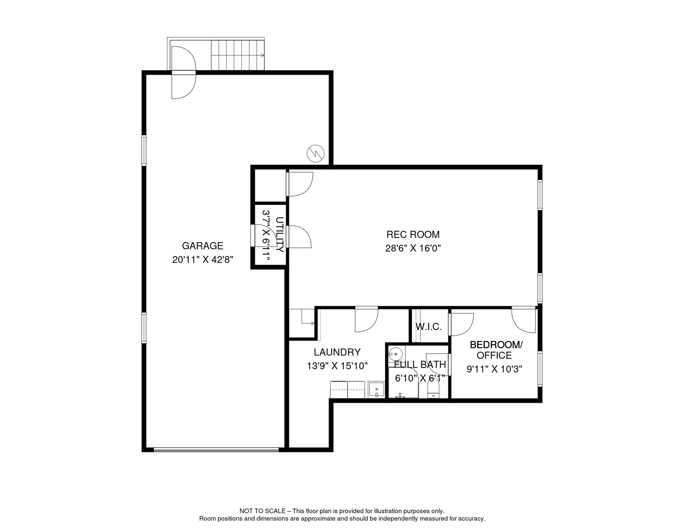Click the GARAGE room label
(x=202, y=246)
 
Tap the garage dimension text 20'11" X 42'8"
(x=203, y=259)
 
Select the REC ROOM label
(x=413, y=235)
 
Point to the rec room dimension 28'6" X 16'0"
(x=413, y=248)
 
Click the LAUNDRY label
(x=337, y=352)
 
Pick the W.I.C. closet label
(x=428, y=326)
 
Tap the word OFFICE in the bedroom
(x=494, y=355)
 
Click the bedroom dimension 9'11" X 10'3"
(x=494, y=369)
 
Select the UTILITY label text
(x=279, y=235)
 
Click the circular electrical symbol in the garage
(x=316, y=153)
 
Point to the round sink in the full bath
(x=396, y=354)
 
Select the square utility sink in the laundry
(x=376, y=390)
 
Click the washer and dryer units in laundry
(x=347, y=390)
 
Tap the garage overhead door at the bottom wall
(x=216, y=449)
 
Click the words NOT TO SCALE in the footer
(x=263, y=511)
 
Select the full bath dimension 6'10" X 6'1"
(x=420, y=378)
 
